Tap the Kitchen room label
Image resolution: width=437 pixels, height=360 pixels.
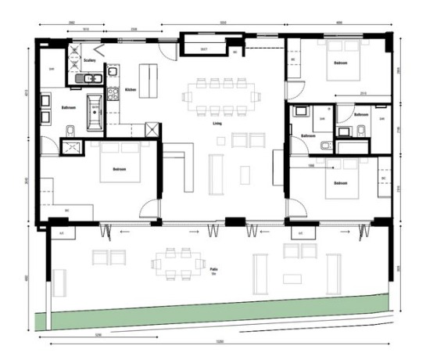130,90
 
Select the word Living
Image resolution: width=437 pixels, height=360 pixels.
217,123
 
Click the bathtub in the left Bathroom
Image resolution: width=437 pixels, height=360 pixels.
96,112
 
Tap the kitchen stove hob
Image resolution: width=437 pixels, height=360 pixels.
112,93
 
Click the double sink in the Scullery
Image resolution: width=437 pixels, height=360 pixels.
90,78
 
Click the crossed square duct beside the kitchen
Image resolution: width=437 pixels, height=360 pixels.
152,131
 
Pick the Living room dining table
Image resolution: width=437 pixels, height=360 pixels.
218,96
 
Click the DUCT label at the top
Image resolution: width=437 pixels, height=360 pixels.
203,50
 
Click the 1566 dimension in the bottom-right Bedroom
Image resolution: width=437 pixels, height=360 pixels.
311,165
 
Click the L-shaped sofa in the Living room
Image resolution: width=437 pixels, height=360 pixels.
179,165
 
